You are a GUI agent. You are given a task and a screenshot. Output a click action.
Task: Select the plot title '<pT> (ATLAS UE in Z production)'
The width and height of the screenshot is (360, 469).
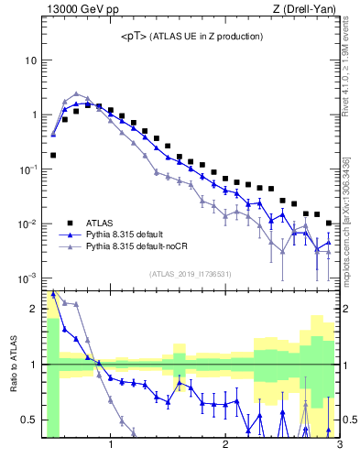(x=191, y=36)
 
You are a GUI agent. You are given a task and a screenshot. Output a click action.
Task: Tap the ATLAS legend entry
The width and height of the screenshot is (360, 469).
(x=100, y=222)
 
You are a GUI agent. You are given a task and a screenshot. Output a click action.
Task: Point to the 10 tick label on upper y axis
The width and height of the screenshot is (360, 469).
(x=31, y=60)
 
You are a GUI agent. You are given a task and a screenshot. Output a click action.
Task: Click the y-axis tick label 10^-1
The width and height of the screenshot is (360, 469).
(x=28, y=169)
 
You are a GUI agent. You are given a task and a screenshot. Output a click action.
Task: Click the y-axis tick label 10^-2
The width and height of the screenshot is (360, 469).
(x=28, y=224)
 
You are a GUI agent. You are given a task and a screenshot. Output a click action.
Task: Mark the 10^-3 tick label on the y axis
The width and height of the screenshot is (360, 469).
(x=28, y=278)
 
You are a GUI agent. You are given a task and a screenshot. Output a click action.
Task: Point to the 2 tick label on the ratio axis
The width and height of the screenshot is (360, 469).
(x=34, y=310)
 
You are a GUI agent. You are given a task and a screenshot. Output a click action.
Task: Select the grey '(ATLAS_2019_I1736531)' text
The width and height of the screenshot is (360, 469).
(x=191, y=274)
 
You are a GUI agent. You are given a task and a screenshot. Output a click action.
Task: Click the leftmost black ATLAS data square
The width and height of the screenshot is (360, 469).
(x=53, y=155)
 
